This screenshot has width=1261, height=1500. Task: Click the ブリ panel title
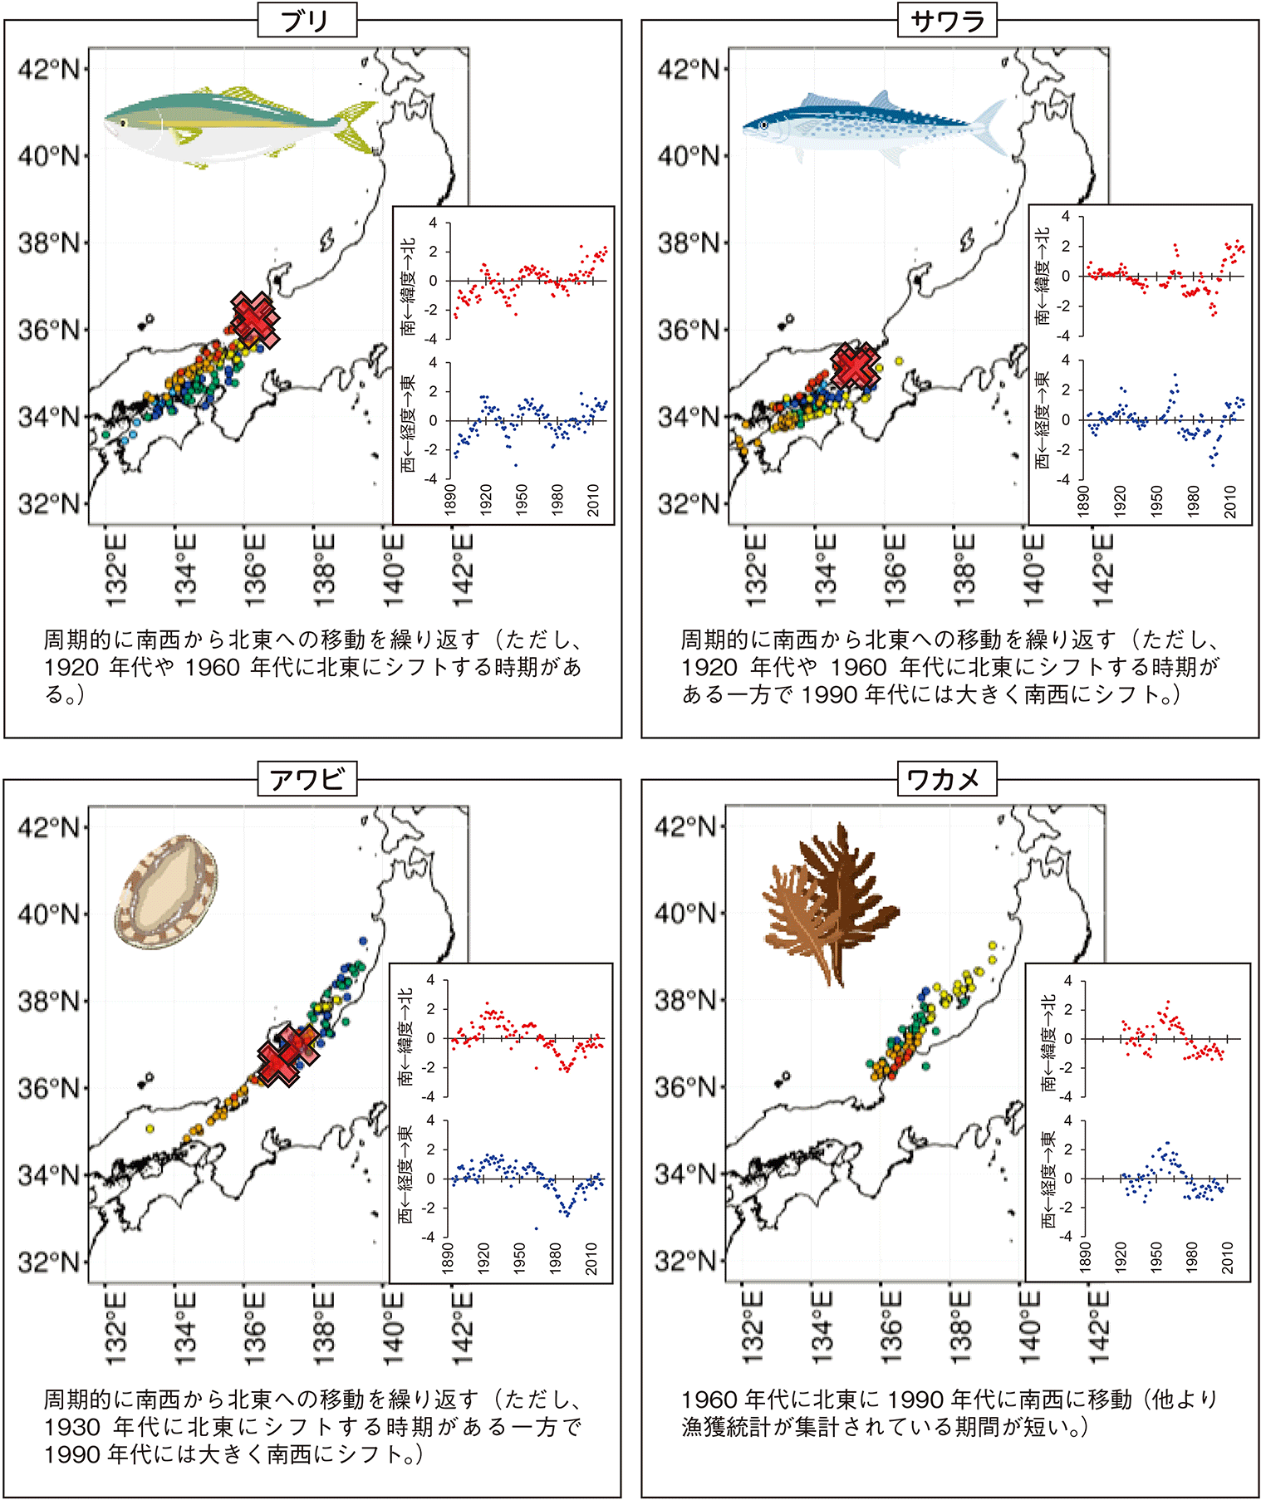[307, 21]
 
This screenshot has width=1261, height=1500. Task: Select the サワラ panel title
[947, 21]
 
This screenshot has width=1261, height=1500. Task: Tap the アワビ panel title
[307, 780]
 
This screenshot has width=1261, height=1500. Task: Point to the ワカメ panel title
[946, 780]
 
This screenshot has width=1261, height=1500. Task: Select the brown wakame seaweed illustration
[831, 901]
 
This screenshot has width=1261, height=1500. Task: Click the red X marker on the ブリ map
[254, 320]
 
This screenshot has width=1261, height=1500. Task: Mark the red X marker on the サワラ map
[856, 366]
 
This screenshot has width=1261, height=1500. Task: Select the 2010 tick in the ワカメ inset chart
[1228, 1257]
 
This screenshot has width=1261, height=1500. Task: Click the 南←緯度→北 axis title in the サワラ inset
[1043, 276]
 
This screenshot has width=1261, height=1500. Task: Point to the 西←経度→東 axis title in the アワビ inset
[405, 1174]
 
